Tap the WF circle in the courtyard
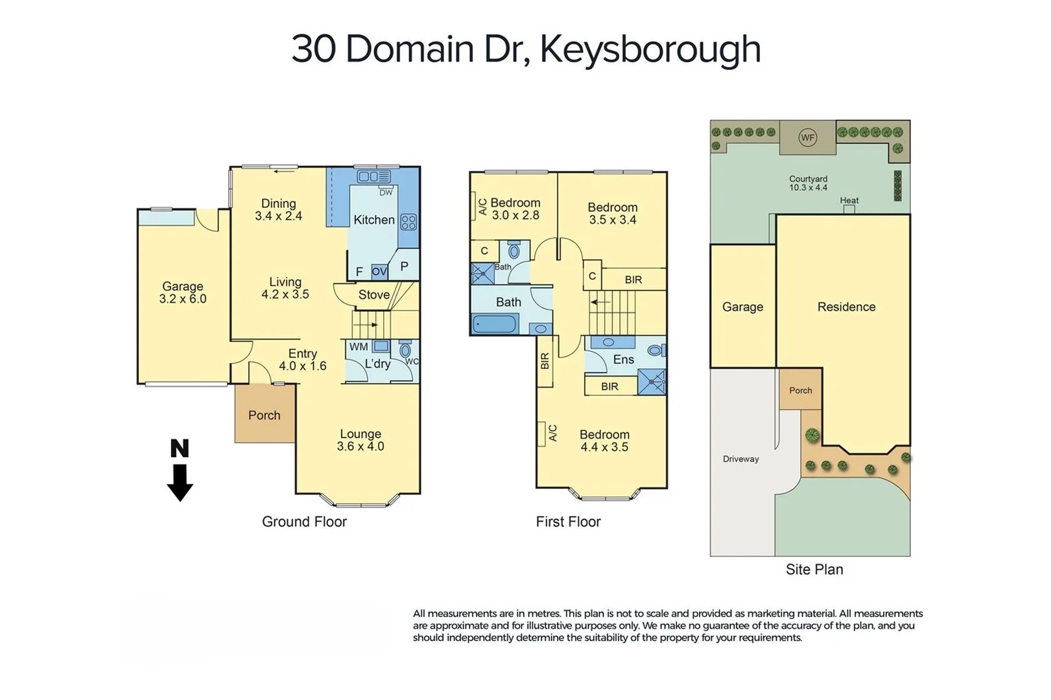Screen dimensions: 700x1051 (807, 137)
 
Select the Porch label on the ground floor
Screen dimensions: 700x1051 (265, 415)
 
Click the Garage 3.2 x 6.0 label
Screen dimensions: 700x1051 (183, 292)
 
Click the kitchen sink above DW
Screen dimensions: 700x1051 (374, 176)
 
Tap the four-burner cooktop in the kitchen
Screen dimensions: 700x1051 (408, 222)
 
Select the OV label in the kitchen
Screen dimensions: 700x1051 (379, 272)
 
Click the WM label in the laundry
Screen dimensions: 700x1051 (359, 347)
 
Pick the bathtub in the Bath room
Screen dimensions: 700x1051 (494, 323)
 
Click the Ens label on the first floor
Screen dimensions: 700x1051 (623, 360)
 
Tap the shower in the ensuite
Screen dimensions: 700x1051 (652, 382)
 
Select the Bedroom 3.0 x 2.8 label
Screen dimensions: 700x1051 (515, 209)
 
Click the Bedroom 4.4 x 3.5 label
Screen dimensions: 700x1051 (604, 441)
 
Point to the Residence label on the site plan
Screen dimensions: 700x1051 (846, 307)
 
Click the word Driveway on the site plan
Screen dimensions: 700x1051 (740, 459)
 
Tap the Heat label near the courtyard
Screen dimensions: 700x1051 (849, 200)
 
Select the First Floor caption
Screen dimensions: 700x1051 (568, 522)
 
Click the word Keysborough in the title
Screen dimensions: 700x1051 (650, 49)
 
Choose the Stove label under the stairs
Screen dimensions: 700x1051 (374, 295)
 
